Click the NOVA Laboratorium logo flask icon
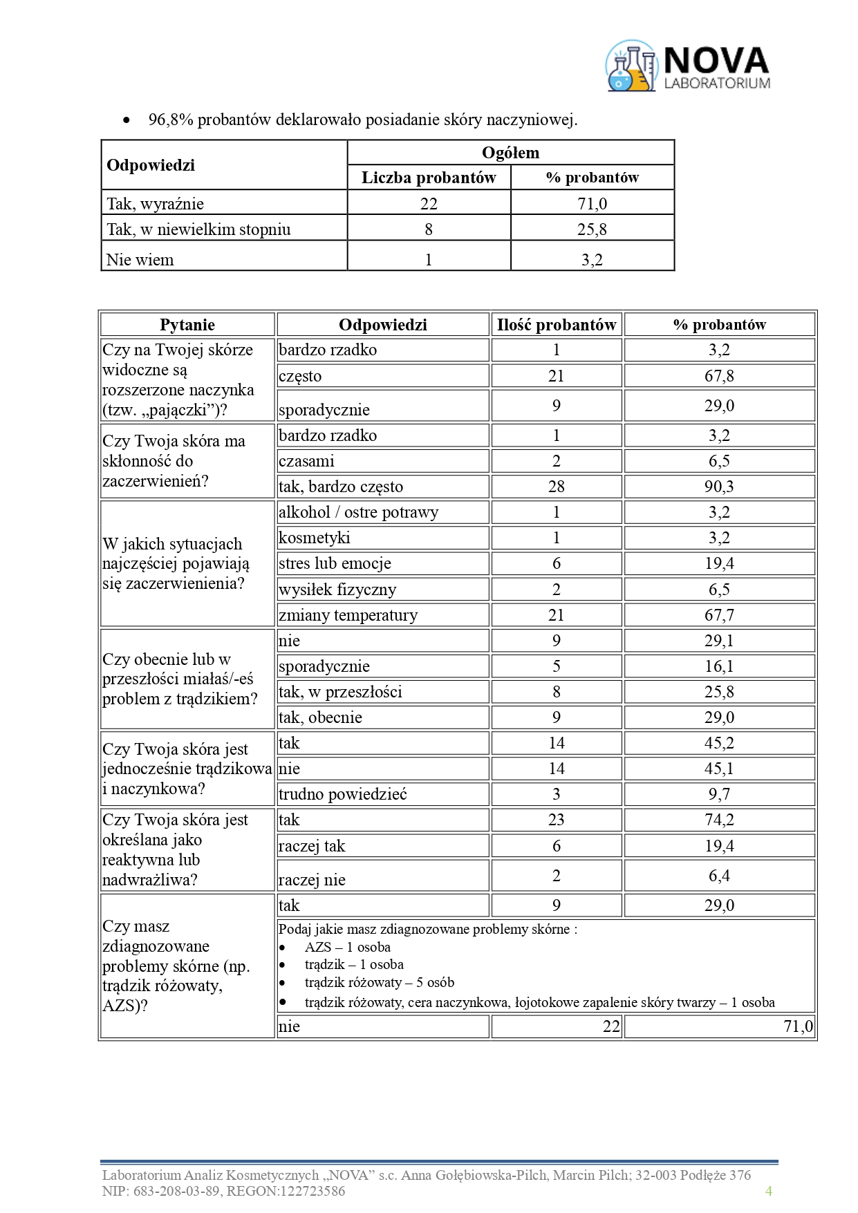pyautogui.click(x=631, y=66)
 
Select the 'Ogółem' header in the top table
pyautogui.click(x=510, y=153)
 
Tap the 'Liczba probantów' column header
pyautogui.click(x=429, y=178)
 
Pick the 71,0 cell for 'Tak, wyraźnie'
pyautogui.click(x=592, y=203)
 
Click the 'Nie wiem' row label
pyautogui.click(x=140, y=260)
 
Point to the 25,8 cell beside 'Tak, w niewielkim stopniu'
pyautogui.click(x=592, y=229)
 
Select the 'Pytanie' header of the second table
pyautogui.click(x=187, y=325)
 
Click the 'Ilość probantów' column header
pyautogui.click(x=556, y=325)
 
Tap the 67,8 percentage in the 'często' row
pyautogui.click(x=719, y=376)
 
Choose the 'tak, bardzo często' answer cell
pyautogui.click(x=341, y=487)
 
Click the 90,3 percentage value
pyautogui.click(x=719, y=487)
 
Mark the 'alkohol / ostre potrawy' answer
pyautogui.click(x=358, y=512)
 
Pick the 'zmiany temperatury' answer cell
pyautogui.click(x=348, y=615)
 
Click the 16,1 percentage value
pyautogui.click(x=719, y=666)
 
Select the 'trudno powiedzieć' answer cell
pyautogui.click(x=342, y=794)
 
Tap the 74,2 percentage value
pyautogui.click(x=719, y=820)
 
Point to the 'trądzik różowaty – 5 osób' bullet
pyautogui.click(x=379, y=982)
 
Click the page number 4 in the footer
pyautogui.click(x=768, y=1190)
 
